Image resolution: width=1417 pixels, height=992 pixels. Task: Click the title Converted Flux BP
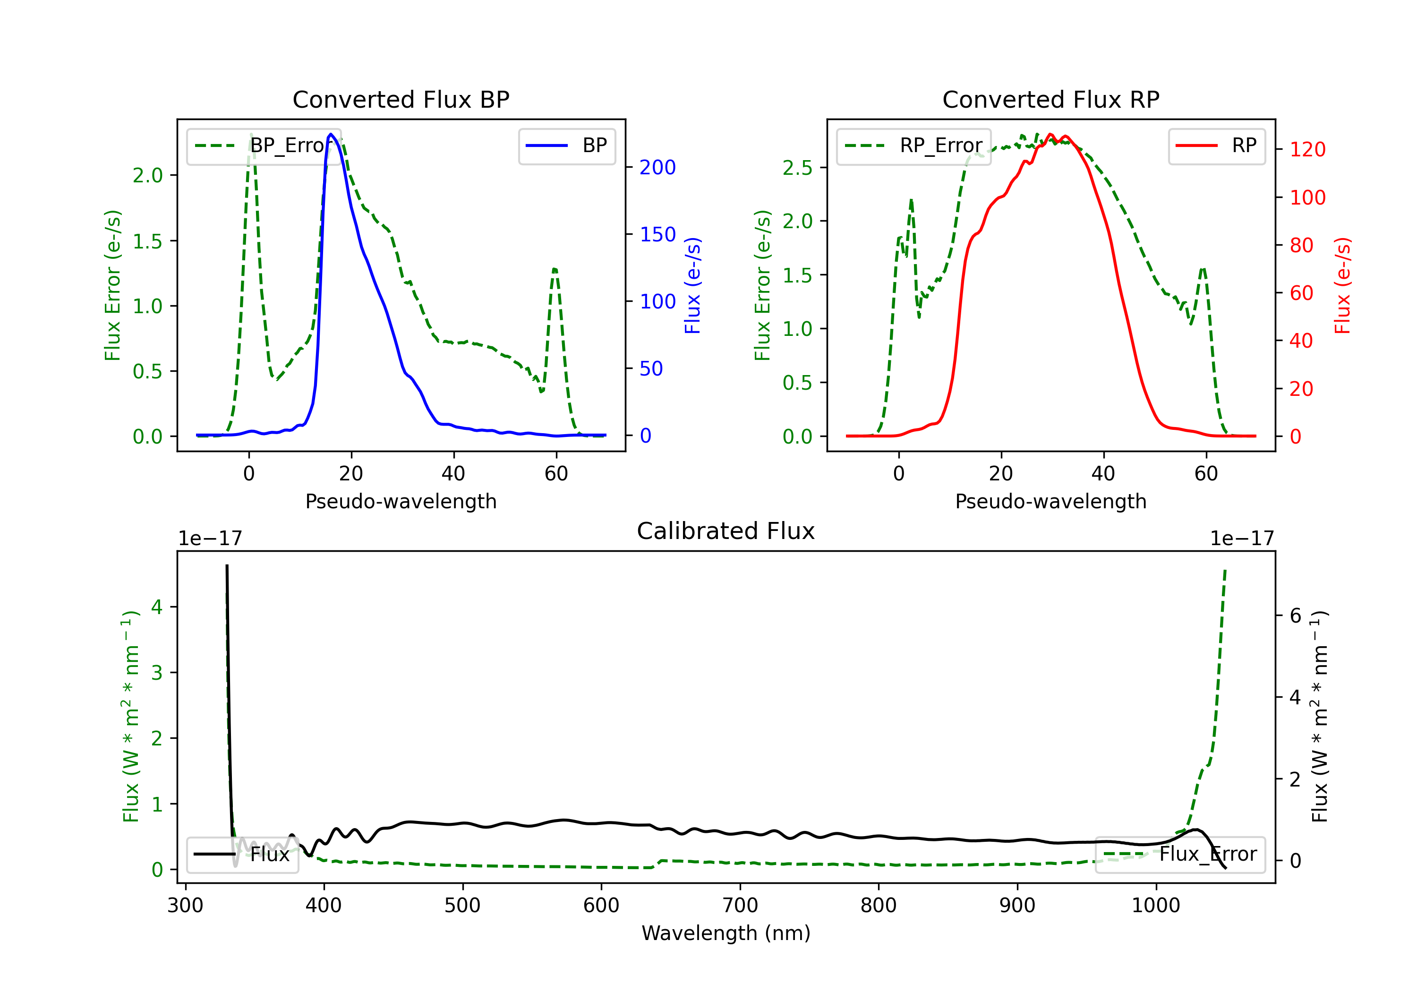401,99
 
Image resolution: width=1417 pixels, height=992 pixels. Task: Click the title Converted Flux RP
1050,99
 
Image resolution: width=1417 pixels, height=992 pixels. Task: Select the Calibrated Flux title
726,531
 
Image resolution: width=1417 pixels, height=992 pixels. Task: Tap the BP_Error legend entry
264,145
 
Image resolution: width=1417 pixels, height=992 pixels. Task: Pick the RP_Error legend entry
913,145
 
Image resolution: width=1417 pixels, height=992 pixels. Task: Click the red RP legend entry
1216,145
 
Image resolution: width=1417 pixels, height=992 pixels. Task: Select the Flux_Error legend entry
1179,855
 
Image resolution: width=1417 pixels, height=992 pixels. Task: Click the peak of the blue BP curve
331,134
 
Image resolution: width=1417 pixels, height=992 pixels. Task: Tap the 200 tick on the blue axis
657,167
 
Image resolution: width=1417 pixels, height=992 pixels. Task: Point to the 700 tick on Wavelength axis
740,906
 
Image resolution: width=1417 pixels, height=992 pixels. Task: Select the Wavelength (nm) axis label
726,933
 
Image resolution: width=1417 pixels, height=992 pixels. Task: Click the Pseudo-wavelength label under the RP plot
1050,501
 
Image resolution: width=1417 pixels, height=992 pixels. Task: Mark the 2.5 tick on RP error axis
797,167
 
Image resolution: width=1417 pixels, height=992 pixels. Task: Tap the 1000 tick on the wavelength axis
1156,906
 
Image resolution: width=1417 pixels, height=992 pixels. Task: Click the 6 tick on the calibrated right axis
1296,616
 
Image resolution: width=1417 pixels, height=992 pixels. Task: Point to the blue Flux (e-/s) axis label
693,286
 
